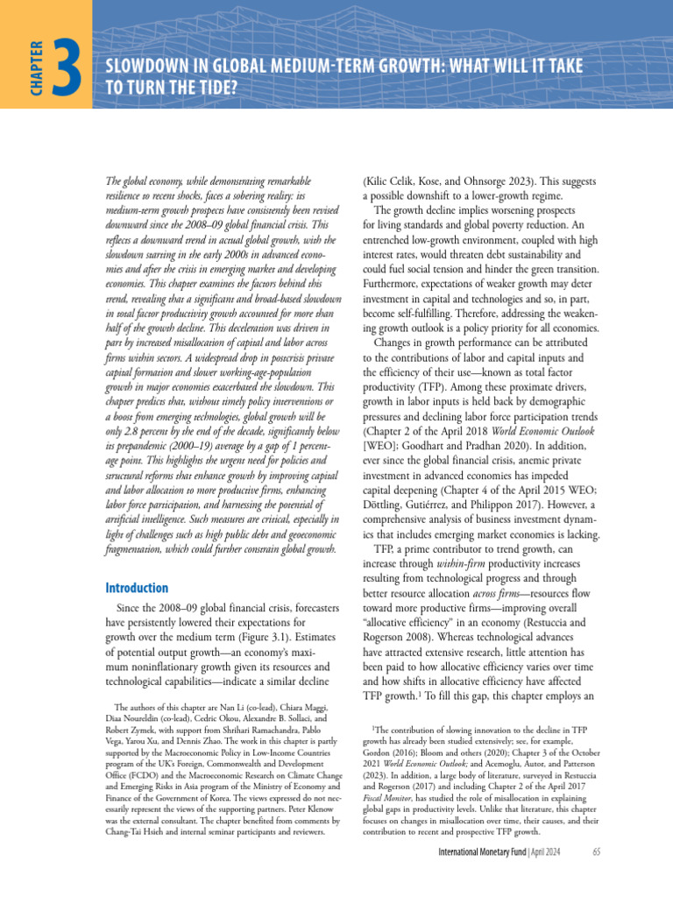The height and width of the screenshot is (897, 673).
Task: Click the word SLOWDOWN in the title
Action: coord(145,67)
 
